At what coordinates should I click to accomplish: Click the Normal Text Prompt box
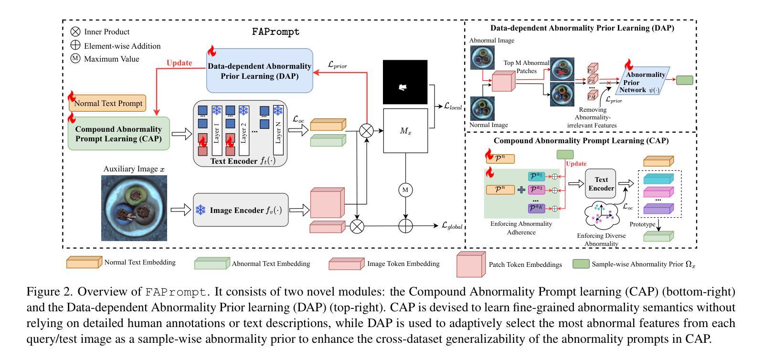coord(108,103)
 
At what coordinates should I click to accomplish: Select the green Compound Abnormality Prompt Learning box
coord(118,134)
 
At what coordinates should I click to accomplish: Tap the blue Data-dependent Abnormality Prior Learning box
coord(259,71)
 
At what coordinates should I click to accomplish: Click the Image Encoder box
coord(241,210)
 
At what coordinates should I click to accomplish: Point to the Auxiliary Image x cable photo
coord(134,208)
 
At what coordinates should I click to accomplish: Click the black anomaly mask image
coord(405,82)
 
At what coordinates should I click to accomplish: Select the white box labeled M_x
coord(405,131)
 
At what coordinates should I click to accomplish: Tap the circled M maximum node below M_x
coord(405,190)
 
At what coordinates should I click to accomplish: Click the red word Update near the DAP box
coord(179,63)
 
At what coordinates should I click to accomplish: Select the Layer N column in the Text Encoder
coord(278,130)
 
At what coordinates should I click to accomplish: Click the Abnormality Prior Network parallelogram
coord(645,82)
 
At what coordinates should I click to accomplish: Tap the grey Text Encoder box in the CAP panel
coord(601,184)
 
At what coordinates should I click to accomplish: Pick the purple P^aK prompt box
coord(536,209)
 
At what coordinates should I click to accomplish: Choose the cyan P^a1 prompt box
coord(536,177)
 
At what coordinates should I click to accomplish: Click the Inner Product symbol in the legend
coord(75,32)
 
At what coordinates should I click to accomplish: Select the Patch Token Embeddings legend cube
coord(471,265)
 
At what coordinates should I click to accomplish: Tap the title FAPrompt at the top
coord(276,32)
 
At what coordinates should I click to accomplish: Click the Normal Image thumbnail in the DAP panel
coord(482,108)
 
